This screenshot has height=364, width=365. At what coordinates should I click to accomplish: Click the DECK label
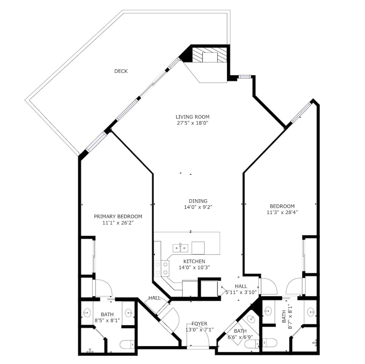[x=121, y=71]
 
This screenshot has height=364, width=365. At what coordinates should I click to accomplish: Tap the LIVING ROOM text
[x=192, y=117]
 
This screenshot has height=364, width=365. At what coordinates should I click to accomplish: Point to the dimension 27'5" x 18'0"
[x=192, y=123]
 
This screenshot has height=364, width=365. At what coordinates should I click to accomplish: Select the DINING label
[x=198, y=201]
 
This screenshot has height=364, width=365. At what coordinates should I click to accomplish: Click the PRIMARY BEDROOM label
[x=118, y=217]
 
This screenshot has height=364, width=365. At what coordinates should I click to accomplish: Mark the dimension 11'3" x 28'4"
[x=282, y=212]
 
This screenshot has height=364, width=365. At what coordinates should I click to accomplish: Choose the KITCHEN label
[x=194, y=261]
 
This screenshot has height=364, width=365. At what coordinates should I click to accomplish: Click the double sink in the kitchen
[x=180, y=248]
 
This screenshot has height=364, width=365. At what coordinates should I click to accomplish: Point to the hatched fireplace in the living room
[x=209, y=55]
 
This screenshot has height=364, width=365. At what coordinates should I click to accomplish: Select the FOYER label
[x=200, y=324]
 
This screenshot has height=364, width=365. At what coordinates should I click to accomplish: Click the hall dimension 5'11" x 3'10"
[x=241, y=292]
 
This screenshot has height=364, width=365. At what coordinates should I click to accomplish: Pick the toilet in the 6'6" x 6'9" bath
[x=252, y=343]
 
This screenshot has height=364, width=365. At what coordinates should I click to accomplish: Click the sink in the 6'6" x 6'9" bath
[x=251, y=318]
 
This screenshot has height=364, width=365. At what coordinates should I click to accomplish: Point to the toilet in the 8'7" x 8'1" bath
[x=270, y=342]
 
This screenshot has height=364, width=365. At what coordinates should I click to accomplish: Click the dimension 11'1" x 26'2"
[x=118, y=223]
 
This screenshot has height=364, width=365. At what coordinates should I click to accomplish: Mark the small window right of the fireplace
[x=244, y=77]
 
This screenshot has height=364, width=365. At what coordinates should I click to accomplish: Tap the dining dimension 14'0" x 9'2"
[x=198, y=207]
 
